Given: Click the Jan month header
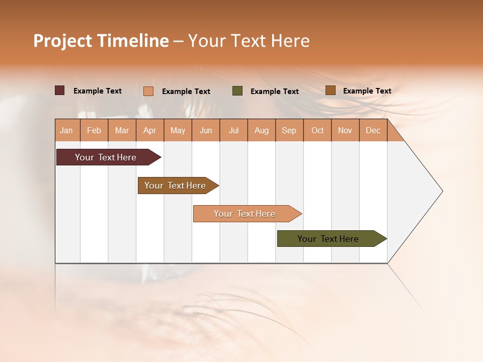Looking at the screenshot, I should [66, 130].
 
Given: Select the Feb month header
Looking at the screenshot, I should [94, 130].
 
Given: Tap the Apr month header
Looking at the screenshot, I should [149, 130].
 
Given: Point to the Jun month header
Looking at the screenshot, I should [206, 130].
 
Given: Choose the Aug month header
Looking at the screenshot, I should [261, 130].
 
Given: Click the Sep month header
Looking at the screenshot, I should [289, 130].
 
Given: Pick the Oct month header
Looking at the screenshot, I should [317, 130].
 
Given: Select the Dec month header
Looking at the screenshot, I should [373, 130].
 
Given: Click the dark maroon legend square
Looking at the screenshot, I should [59, 90].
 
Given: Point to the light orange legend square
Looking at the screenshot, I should [148, 91].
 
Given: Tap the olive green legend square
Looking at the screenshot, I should [237, 91].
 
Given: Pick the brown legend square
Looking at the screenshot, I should [330, 90].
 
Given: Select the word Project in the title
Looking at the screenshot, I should [63, 41].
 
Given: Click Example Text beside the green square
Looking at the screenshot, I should [274, 92].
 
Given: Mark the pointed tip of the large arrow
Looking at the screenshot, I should [442, 191].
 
